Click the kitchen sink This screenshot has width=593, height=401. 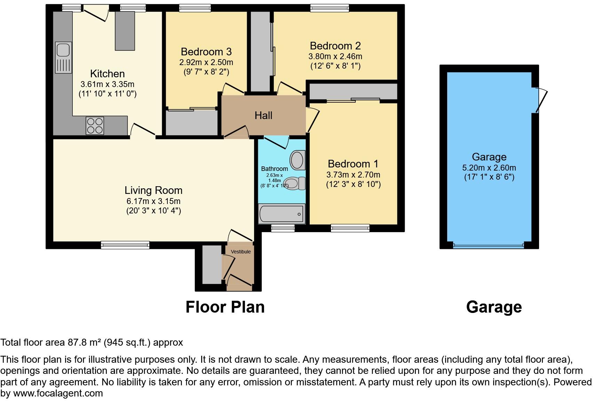tap(63, 57)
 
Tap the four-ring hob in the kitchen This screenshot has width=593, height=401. tap(95, 126)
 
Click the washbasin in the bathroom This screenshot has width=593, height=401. tap(298, 160)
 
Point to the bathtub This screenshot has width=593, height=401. tap(282, 214)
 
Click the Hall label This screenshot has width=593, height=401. tap(263, 116)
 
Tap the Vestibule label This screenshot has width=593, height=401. tap(241, 252)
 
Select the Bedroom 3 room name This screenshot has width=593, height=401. tap(206, 52)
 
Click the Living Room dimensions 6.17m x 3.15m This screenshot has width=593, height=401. tap(153, 201)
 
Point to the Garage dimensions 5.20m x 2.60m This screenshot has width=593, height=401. tap(489, 168)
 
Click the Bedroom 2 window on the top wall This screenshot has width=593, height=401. tap(329, 8)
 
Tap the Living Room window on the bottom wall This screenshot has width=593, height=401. tap(125, 245)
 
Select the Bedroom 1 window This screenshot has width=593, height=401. tap(350, 228)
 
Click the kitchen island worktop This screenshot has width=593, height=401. tap(125, 31)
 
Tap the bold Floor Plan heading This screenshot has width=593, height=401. tap(225, 307)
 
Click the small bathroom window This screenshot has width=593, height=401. tap(283, 228)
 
